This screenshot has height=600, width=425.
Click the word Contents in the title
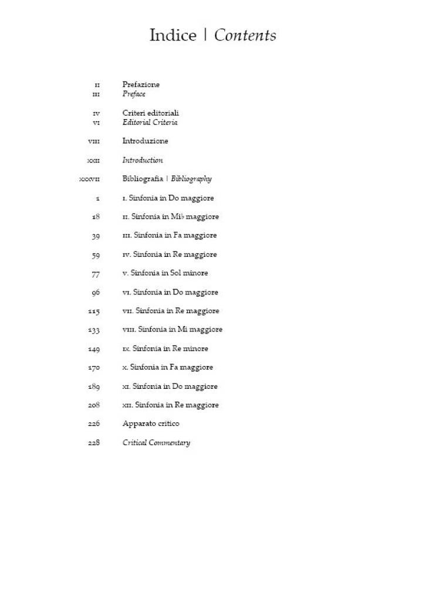click(245, 36)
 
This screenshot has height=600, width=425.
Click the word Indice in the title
click(173, 36)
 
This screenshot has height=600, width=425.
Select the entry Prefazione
click(141, 84)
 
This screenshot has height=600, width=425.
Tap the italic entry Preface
click(134, 94)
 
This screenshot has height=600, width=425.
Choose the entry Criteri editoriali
click(151, 113)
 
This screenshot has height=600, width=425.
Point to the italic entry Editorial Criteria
click(150, 123)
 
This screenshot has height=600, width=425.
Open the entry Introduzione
click(145, 141)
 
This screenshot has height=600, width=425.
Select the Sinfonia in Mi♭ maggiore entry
click(170, 216)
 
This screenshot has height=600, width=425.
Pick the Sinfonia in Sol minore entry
click(165, 273)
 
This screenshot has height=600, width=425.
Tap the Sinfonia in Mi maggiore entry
click(172, 330)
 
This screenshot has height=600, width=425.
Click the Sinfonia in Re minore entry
click(165, 348)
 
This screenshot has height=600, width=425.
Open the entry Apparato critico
click(151, 423)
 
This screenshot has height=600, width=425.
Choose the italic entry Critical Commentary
click(156, 443)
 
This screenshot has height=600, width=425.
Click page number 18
click(96, 216)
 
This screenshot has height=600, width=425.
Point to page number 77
click(96, 273)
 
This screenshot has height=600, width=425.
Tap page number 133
click(94, 330)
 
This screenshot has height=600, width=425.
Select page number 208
click(93, 405)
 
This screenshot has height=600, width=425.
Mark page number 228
click(93, 443)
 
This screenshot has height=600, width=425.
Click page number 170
click(93, 368)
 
